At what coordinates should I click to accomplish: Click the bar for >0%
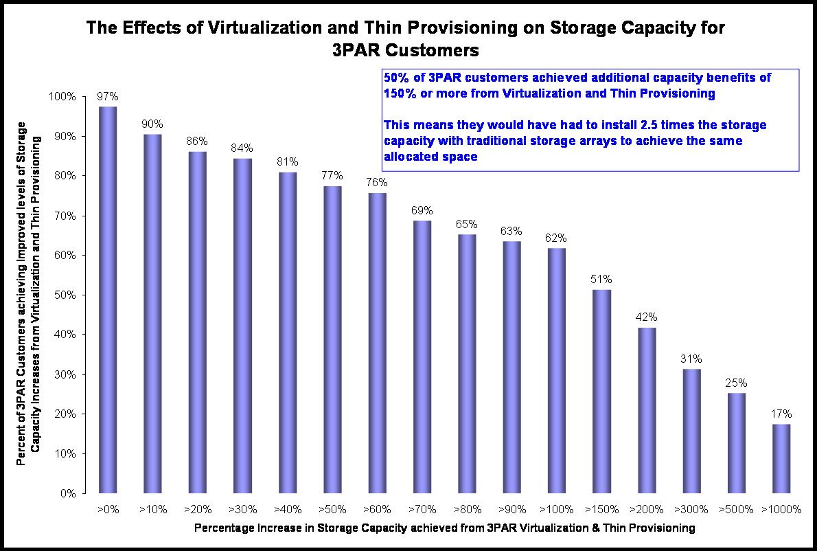pos(107,300)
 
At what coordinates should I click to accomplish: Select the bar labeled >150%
pos(601,392)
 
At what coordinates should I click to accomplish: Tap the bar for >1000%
pos(781,458)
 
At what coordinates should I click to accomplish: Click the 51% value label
pos(601,280)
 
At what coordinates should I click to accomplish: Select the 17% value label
pos(781,414)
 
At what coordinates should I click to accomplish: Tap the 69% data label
pos(422,210)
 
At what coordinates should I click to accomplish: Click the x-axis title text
pos(445,528)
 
